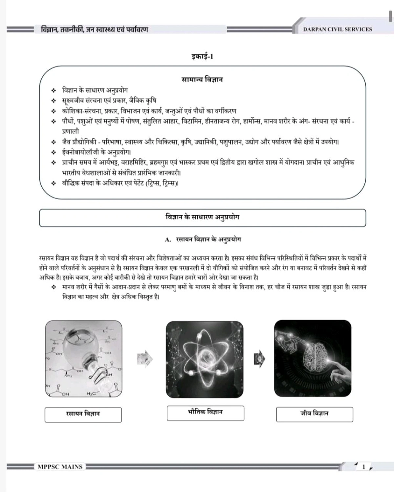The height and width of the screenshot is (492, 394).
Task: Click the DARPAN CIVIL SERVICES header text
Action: tap(338, 30)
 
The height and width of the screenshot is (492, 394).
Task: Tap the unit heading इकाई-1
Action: tap(202, 57)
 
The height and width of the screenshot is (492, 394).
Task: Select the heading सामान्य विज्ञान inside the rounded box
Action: tap(202, 80)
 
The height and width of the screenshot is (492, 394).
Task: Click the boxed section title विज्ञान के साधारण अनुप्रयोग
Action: tap(202, 217)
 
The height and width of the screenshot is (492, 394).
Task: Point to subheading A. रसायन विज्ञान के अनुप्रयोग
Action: tap(203, 240)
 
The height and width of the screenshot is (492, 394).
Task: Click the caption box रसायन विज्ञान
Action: tap(83, 414)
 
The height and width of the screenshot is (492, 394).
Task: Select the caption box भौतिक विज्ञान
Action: tap(205, 412)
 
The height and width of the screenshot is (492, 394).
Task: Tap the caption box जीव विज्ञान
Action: tap(314, 414)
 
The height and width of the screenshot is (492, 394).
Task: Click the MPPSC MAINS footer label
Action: tap(60, 467)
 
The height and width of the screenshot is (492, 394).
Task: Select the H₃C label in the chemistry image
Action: tap(91, 393)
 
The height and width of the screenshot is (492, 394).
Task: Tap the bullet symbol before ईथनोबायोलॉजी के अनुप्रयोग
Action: tap(53, 152)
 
